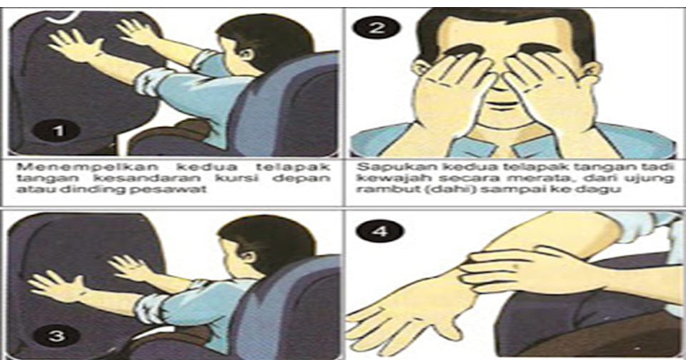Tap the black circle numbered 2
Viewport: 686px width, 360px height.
point(377,29)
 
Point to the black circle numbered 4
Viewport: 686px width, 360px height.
point(379,231)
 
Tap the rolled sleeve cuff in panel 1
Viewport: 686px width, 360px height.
point(146,83)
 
